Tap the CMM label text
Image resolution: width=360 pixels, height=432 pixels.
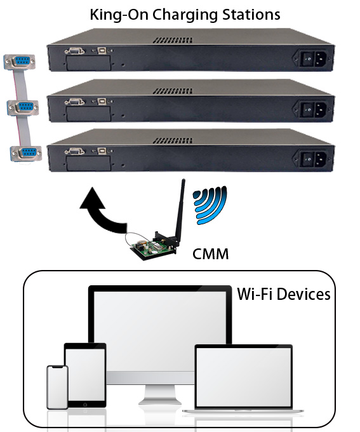[210, 254]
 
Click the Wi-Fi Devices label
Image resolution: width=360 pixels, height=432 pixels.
[284, 294]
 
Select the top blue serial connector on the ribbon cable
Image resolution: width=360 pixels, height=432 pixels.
[19, 62]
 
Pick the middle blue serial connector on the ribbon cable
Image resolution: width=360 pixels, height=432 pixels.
[23, 107]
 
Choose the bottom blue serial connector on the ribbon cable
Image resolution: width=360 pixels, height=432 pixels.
[26, 153]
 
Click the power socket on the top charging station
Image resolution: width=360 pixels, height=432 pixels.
[314, 58]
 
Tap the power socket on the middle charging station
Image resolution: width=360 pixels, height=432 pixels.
[314, 109]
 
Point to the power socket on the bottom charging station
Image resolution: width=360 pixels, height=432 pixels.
[314, 159]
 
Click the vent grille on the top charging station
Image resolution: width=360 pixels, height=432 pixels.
[173, 41]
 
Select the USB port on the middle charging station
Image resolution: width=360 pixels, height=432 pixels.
[102, 102]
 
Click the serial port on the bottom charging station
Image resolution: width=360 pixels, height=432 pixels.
[74, 151]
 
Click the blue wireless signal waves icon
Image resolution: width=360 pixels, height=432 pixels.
[210, 205]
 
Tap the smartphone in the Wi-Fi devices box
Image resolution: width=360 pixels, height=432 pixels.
[57, 387]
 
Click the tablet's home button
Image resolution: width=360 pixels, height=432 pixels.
[85, 405]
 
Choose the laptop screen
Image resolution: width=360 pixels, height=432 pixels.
[244, 377]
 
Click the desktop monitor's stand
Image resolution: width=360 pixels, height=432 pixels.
[160, 394]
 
